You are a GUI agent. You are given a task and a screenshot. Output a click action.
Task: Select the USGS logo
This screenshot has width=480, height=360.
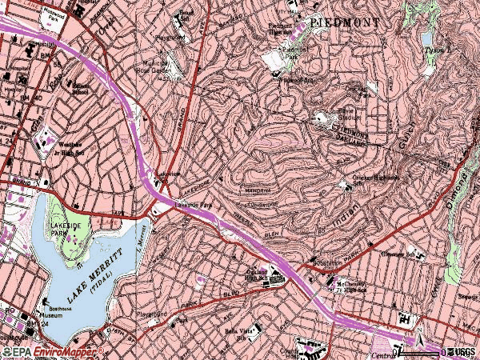[462, 351]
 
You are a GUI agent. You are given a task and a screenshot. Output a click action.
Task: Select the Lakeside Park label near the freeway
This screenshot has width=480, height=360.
[191, 205]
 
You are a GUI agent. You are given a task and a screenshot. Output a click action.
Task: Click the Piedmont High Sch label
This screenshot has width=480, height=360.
[282, 29]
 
